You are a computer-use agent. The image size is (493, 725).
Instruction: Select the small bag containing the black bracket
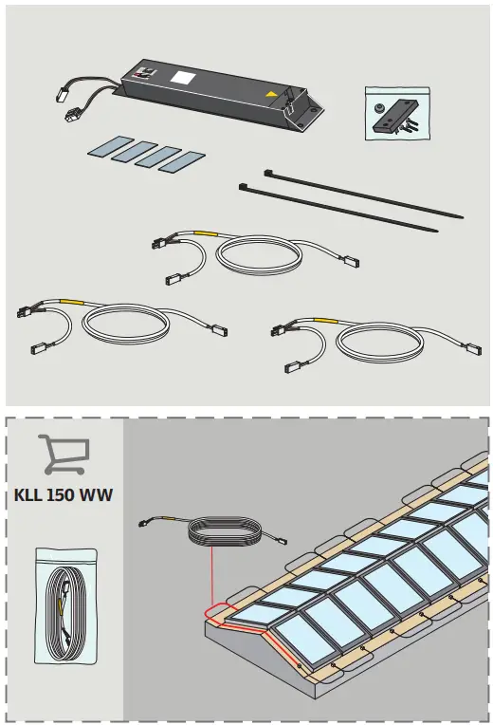point(393,114)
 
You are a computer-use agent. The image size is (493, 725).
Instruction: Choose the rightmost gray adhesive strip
point(181,161)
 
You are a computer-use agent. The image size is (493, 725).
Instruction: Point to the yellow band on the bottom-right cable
point(322,321)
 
